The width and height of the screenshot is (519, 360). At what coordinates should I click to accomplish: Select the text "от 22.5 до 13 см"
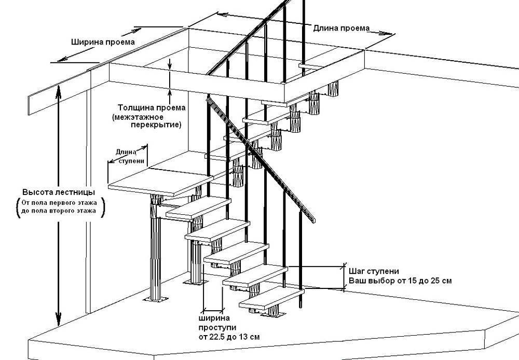click(228, 337)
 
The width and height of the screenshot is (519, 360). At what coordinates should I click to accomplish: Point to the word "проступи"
click(217, 328)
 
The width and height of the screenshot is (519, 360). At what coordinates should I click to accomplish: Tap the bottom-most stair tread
click(270, 301)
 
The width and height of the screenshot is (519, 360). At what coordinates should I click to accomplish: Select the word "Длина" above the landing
click(126, 152)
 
